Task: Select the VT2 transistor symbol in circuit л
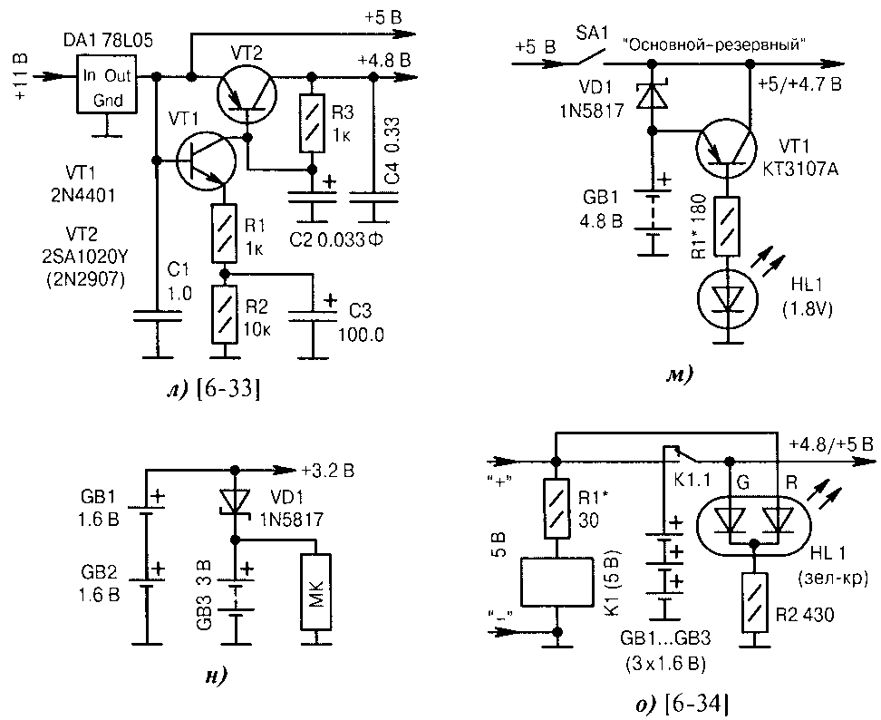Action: point(246,92)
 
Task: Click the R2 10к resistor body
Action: point(224,314)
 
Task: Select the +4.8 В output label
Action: point(383,61)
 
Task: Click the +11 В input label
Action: point(20,78)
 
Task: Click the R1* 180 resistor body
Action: point(727,227)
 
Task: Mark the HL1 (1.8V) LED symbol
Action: point(727,298)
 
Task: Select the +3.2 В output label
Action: point(327,470)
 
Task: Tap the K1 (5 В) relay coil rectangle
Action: point(557,582)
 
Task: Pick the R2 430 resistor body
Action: point(755,602)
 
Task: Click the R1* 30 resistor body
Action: point(557,509)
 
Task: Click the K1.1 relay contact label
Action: point(692,481)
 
